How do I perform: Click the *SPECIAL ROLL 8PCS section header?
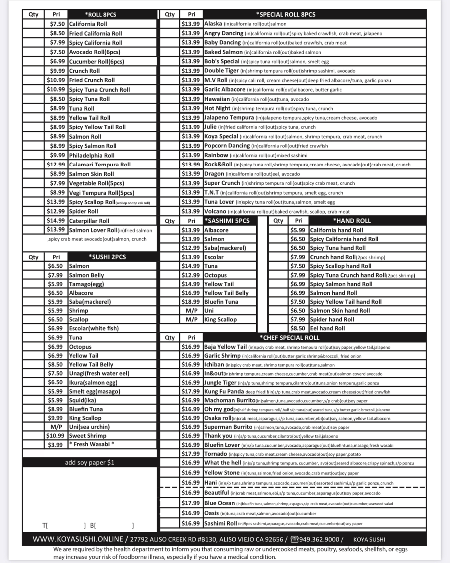click(x=285, y=14)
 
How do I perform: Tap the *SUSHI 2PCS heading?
click(x=107, y=257)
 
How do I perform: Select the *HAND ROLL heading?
click(x=352, y=221)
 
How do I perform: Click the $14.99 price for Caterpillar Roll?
click(x=56, y=221)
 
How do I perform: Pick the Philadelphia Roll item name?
click(x=92, y=155)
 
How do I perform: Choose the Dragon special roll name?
click(x=214, y=174)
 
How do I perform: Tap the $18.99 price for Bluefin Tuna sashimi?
click(x=191, y=302)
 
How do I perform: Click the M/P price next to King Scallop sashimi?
click(x=192, y=319)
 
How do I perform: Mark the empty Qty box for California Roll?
click(x=33, y=24)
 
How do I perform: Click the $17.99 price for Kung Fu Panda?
click(x=191, y=391)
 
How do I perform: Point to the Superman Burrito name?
click(x=228, y=427)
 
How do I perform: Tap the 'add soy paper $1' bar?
click(x=90, y=462)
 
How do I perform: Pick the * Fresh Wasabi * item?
click(x=92, y=444)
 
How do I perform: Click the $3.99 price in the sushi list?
click(x=55, y=444)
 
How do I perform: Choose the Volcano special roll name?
click(x=215, y=211)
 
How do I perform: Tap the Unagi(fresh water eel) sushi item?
click(x=99, y=373)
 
